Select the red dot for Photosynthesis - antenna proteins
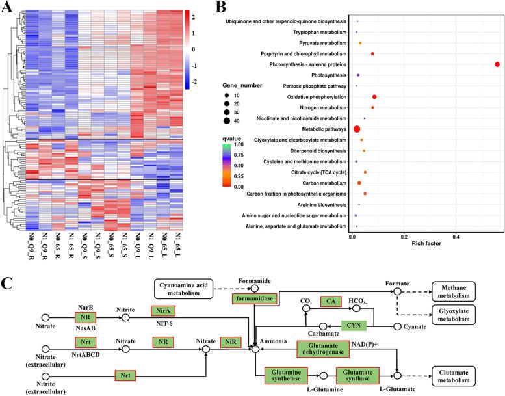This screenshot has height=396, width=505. (x=497, y=64)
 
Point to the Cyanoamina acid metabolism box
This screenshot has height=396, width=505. (x=184, y=290)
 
